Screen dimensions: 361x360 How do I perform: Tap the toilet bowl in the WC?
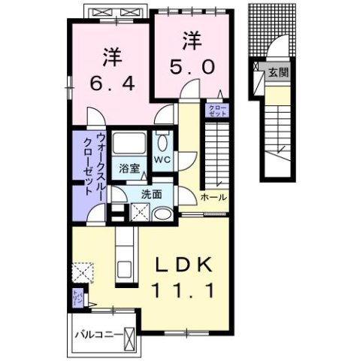pos(163,143)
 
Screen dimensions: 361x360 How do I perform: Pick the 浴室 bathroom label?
pos(129,169)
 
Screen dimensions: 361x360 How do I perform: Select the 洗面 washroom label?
pos(151,194)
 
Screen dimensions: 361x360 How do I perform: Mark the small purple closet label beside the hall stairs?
pos(216,110)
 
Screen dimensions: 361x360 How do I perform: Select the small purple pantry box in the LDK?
pos(77,299)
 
